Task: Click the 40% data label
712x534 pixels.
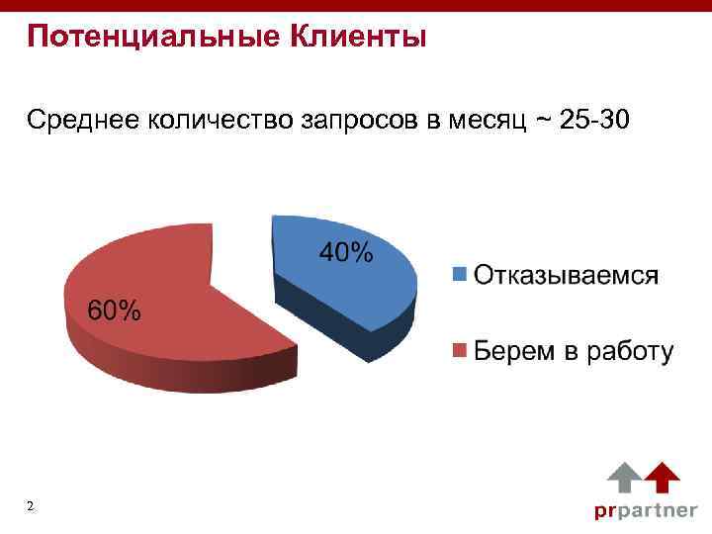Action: click(346, 253)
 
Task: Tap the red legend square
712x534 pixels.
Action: click(459, 351)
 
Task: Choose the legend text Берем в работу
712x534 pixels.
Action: click(574, 351)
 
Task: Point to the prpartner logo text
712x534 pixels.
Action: click(645, 511)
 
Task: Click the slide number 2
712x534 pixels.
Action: click(31, 507)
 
